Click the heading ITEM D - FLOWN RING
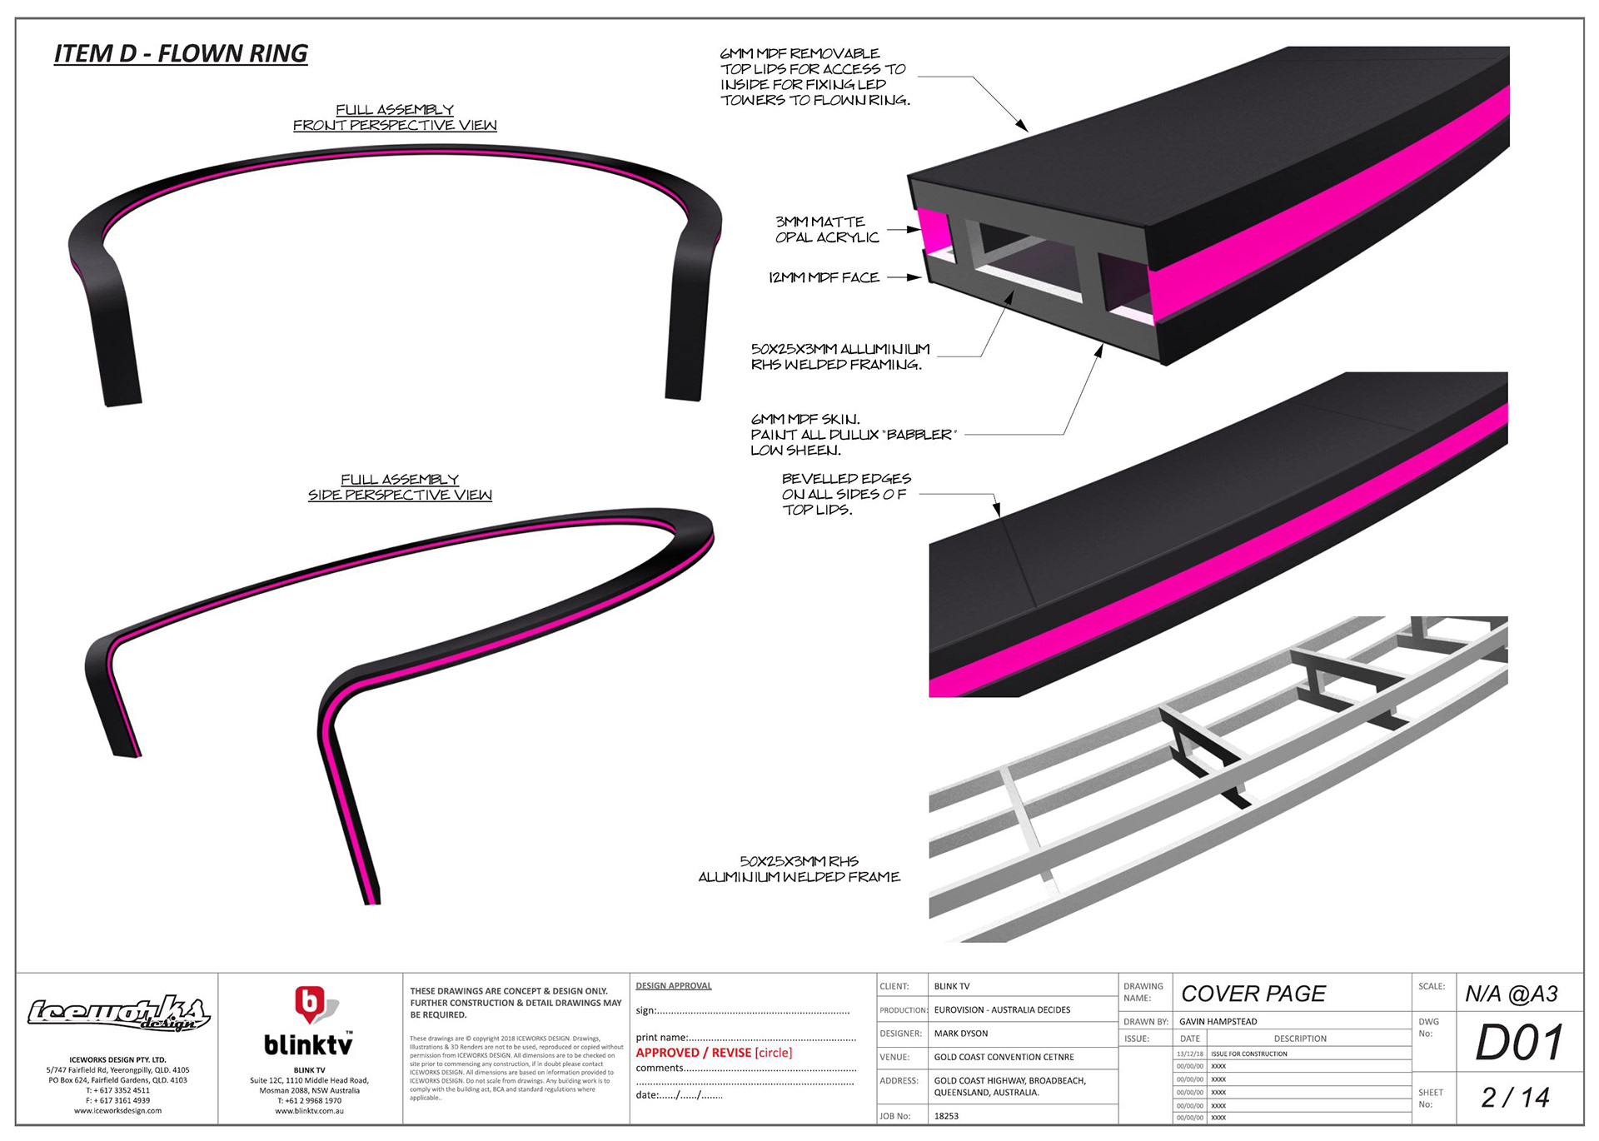pyautogui.click(x=181, y=54)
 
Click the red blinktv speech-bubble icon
pyautogui.click(x=310, y=1004)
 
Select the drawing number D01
pyautogui.click(x=1519, y=1043)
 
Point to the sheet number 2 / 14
pyautogui.click(x=1515, y=1098)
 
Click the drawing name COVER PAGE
pyautogui.click(x=1253, y=994)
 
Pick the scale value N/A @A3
pyautogui.click(x=1511, y=994)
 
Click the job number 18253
pyautogui.click(x=946, y=1116)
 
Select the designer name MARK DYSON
pyautogui.click(x=961, y=1034)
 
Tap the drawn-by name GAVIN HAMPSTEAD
pyautogui.click(x=1218, y=1021)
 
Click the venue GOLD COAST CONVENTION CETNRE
pyautogui.click(x=1004, y=1057)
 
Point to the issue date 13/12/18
pyautogui.click(x=1189, y=1054)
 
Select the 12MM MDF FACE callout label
pyautogui.click(x=824, y=277)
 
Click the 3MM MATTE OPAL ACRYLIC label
pyautogui.click(x=826, y=230)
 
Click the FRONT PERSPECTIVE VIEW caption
pyautogui.click(x=395, y=125)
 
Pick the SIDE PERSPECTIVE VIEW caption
pyautogui.click(x=400, y=495)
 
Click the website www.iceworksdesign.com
pyautogui.click(x=117, y=1110)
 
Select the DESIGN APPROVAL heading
pyautogui.click(x=674, y=986)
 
